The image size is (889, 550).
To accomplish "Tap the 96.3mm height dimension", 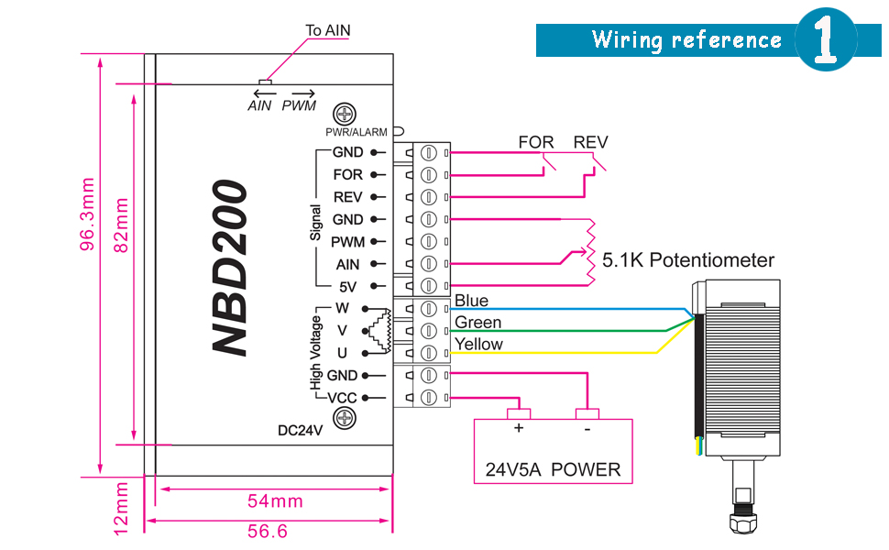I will [87, 225].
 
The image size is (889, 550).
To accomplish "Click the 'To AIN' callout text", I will [327, 30].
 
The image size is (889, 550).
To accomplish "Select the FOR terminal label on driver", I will [347, 174].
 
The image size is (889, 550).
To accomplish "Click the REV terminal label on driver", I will [347, 197].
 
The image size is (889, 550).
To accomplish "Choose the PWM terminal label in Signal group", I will [347, 242].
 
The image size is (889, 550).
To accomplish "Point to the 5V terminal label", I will [347, 286].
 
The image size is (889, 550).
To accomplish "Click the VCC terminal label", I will [342, 398].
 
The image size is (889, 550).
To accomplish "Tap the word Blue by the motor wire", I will [471, 301].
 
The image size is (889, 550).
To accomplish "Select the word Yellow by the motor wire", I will [478, 345].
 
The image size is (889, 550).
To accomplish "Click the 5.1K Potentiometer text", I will [687, 260].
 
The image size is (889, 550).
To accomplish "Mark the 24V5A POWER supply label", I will [553, 470].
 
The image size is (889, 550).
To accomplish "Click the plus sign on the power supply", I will [518, 428].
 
